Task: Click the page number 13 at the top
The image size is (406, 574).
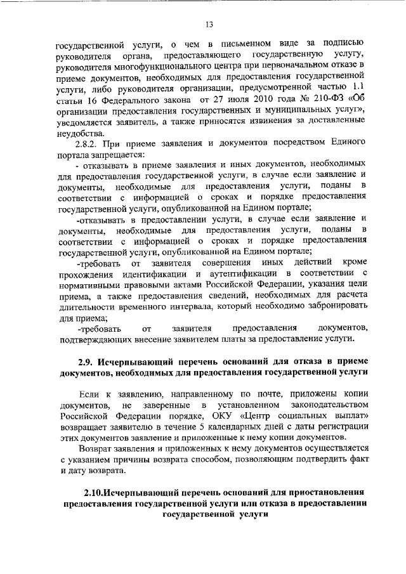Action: (x=209, y=25)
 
